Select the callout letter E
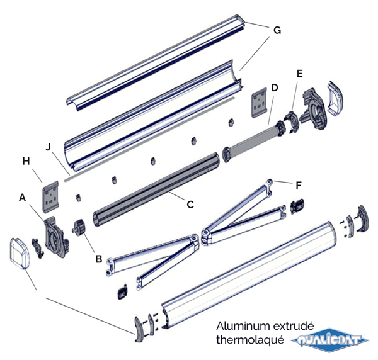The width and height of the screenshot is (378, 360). (299, 74)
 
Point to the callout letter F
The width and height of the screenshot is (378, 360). (299, 185)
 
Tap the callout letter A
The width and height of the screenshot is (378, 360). (23, 198)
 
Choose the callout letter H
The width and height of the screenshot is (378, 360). (26, 162)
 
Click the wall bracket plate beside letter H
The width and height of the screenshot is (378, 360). (52, 195)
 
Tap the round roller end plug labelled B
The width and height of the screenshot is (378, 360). (80, 227)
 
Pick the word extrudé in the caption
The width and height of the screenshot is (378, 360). (293, 327)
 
